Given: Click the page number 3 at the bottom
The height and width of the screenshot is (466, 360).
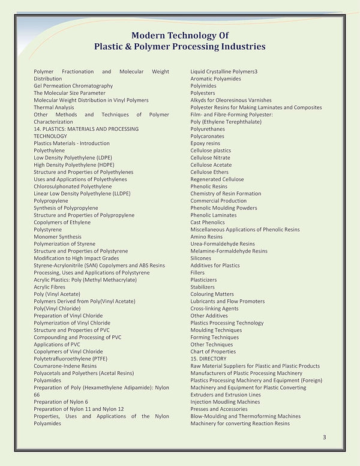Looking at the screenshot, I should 325,437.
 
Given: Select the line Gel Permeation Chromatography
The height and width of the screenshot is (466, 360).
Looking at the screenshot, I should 73,86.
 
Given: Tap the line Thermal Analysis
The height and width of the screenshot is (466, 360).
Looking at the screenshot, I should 54,107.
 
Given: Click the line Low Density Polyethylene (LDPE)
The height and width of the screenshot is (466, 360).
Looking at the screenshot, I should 73,158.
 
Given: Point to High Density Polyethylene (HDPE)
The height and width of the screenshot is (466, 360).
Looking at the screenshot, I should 74,165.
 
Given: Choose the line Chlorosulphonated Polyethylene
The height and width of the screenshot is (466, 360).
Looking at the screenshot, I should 73,187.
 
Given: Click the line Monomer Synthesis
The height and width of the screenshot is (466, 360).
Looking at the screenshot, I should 58,237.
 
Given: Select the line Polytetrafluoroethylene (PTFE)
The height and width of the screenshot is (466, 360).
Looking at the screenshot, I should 71,359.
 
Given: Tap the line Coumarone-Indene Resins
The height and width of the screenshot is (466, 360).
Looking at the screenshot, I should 65,366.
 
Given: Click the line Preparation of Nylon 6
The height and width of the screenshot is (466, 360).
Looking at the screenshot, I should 61,402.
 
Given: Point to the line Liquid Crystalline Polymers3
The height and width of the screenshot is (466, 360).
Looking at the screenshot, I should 224,71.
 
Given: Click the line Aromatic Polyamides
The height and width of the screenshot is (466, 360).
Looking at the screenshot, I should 215,79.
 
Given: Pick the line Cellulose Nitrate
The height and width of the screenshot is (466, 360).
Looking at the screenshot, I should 210,158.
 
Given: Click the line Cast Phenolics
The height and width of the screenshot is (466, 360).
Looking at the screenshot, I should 208,223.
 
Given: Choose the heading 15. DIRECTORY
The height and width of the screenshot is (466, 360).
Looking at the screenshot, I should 208,359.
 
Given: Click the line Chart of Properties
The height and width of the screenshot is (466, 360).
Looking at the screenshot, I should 213,351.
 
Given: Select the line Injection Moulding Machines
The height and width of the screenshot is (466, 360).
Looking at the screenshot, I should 225,402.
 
